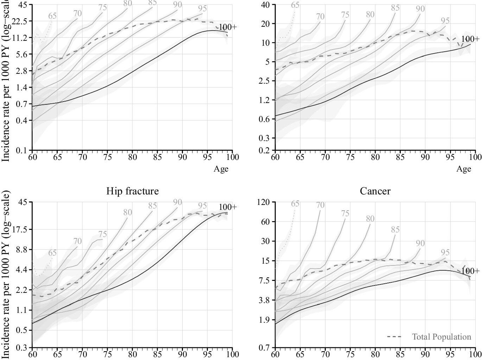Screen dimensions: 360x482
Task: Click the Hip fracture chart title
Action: (x=132, y=191)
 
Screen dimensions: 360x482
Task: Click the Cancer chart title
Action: (x=375, y=191)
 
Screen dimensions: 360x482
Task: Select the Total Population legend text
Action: (x=441, y=337)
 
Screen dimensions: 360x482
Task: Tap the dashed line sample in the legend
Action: (x=394, y=337)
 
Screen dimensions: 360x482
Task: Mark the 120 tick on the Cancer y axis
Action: (x=263, y=202)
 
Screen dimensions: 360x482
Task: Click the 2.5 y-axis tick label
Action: (x=264, y=81)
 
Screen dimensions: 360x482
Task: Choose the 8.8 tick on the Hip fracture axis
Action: (x=21, y=250)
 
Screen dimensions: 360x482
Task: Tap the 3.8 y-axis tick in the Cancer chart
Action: (x=264, y=300)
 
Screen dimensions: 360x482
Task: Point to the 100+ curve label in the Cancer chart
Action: (x=470, y=271)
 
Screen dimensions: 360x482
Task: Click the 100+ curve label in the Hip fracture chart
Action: (x=228, y=207)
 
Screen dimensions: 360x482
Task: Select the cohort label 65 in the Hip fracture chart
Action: (x=52, y=253)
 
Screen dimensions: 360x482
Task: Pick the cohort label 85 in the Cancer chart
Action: (x=395, y=230)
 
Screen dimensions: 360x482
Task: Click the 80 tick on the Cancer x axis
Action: (x=375, y=353)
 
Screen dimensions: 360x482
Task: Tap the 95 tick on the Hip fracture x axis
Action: (x=207, y=353)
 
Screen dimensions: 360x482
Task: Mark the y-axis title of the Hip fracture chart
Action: (x=6, y=274)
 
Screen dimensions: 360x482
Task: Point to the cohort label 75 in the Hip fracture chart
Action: (x=102, y=234)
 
